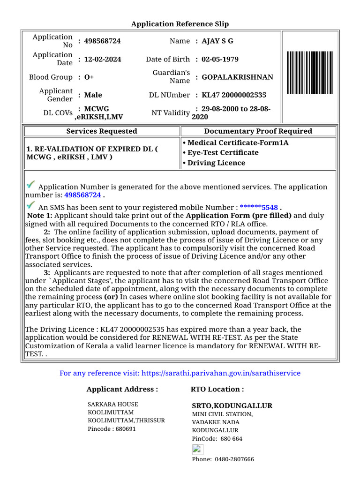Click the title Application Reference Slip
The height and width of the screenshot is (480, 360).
180,24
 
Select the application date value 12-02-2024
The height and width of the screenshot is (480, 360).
103,59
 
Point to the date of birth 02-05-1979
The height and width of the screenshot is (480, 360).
220,59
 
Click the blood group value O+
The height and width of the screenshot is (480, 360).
89,77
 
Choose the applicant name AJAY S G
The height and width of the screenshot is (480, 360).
217,41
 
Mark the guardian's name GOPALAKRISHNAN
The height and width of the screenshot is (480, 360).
237,77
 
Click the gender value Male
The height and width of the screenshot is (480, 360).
93,95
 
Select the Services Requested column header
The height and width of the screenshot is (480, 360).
102,131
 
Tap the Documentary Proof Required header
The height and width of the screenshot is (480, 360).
258,131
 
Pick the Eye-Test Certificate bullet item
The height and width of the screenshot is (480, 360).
220,152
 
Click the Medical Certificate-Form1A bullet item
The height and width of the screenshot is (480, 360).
235,142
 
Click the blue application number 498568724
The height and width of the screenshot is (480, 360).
82,195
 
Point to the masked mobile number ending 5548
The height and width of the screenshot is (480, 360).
259,207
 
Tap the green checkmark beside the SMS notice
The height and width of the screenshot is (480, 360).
31,205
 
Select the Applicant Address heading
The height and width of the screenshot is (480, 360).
122,389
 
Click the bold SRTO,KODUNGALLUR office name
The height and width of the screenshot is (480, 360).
232,405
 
